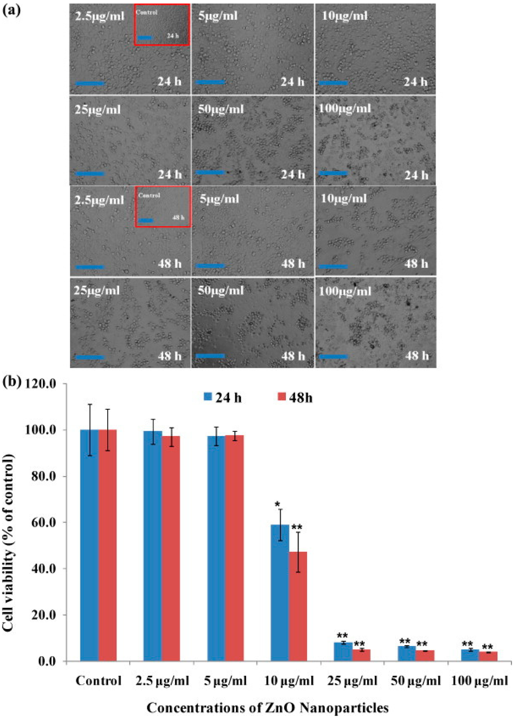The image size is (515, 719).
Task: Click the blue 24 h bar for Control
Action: tap(90, 545)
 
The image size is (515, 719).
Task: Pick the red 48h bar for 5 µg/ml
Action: tap(234, 548)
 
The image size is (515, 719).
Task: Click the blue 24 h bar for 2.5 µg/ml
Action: tap(153, 546)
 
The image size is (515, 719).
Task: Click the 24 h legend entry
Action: tap(222, 397)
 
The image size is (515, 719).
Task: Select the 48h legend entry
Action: tap(295, 397)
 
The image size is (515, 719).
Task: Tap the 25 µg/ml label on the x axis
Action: tap(352, 681)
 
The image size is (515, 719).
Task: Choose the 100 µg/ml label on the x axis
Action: tap(479, 681)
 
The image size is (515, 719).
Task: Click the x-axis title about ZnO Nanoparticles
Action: tap(268, 708)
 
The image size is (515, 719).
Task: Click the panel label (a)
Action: tap(11, 10)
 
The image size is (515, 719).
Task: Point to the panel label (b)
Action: tap(11, 382)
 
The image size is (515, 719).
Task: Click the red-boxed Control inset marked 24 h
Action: tap(162, 25)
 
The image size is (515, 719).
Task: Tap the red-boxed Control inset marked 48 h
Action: tap(162, 207)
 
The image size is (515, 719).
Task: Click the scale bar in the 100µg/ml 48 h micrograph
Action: tap(333, 356)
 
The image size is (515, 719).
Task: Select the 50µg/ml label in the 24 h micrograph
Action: tap(221, 109)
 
